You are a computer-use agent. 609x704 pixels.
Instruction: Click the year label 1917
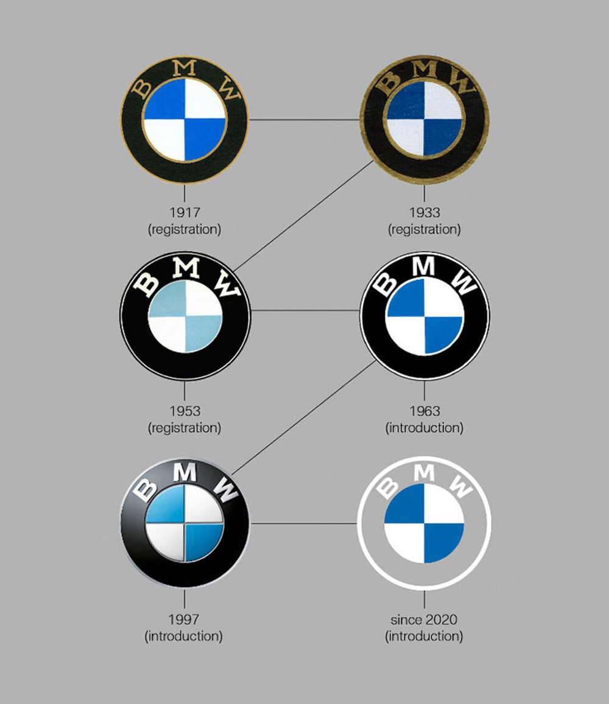(x=185, y=212)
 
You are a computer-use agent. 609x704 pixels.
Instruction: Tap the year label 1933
(x=424, y=212)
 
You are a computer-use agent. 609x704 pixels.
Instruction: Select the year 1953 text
(x=185, y=411)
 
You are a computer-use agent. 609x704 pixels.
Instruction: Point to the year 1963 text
(x=424, y=411)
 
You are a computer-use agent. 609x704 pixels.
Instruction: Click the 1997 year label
(x=184, y=619)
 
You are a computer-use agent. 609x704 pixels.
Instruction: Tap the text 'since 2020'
(x=424, y=619)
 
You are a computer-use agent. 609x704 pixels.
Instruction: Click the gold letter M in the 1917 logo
(x=185, y=68)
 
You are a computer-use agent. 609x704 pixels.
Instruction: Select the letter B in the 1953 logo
(x=147, y=285)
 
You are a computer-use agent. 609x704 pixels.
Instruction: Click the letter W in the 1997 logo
(x=225, y=490)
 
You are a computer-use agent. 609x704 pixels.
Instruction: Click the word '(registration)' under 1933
(x=424, y=229)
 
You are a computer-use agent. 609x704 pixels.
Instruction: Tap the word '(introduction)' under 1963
(x=424, y=428)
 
